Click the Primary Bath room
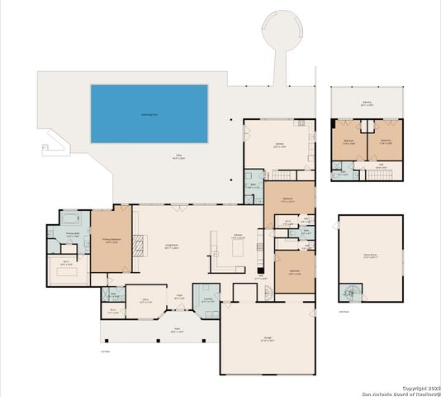click(73, 235)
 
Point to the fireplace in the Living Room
click(138, 243)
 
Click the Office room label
click(145, 302)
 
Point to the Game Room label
click(370, 256)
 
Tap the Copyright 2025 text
click(420, 387)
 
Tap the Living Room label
click(173, 245)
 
